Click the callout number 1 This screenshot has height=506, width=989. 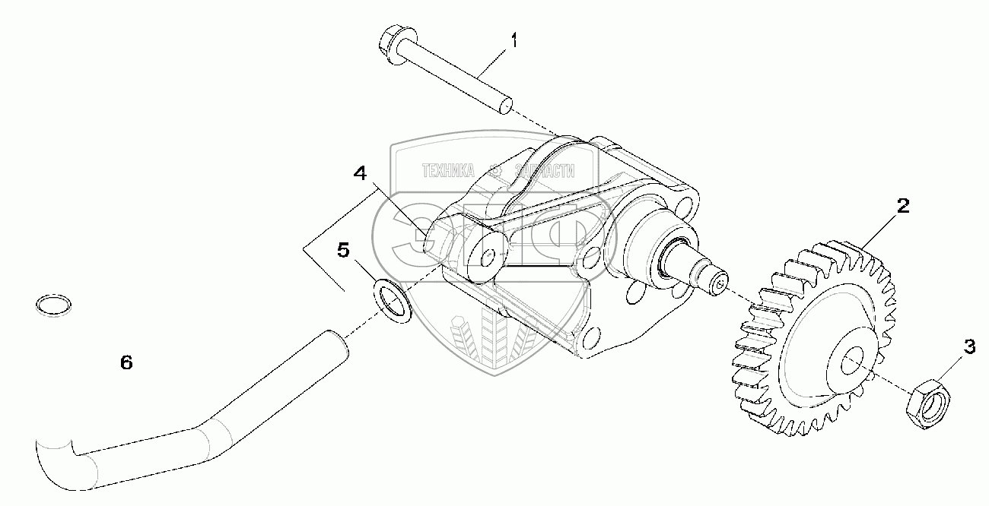coord(514,40)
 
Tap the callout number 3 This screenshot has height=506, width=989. coord(968,347)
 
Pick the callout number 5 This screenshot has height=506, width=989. coord(343,250)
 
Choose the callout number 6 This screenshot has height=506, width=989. coord(126,363)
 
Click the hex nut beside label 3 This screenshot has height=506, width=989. coord(924,400)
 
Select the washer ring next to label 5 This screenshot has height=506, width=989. coord(393,299)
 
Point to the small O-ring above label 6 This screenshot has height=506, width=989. coord(55,304)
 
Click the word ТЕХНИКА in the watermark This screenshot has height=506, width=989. coord(448,171)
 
